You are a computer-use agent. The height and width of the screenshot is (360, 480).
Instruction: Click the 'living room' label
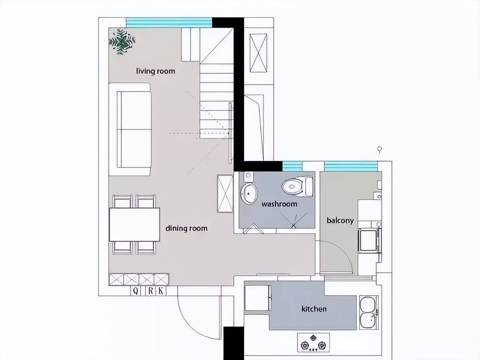pos(156,71)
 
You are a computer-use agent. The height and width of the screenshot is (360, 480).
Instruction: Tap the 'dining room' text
pos(186,228)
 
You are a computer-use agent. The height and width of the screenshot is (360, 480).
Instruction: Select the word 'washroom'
pos(279,204)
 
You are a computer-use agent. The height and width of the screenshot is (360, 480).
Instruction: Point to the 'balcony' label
pos(340,220)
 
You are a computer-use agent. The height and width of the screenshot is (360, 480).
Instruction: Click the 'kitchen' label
pos(314,309)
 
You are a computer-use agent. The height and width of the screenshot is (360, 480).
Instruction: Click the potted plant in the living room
pos(122,42)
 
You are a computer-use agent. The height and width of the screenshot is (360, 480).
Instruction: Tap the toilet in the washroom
pos(297,187)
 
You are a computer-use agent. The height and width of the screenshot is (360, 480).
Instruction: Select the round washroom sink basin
pos(249,193)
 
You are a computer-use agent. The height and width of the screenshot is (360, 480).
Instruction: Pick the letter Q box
pos(136,291)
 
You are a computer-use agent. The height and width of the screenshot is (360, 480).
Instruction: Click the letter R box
pos(150,291)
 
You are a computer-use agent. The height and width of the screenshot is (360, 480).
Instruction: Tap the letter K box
pos(161,291)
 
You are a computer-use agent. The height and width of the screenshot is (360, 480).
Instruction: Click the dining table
pos(135,225)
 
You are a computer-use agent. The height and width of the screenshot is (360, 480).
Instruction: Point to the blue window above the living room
pos(169,23)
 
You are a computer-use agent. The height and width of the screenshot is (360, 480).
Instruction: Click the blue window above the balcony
pos(351,166)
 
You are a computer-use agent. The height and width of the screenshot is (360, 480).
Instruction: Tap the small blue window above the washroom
pos(292,166)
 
